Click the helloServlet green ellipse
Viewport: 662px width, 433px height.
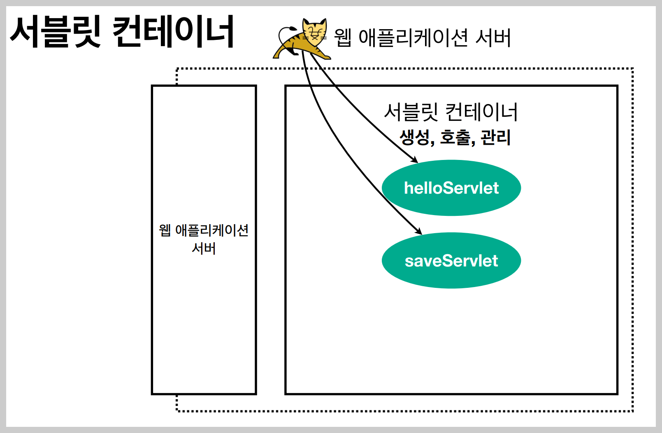tap(451, 188)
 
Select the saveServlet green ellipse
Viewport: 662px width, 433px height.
tap(451, 261)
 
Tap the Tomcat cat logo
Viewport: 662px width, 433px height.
tap(302, 39)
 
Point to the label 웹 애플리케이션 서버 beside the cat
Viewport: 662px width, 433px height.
tap(422, 38)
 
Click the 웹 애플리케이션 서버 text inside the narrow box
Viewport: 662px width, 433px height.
tap(204, 239)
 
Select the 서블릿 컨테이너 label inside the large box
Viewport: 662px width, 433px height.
tap(451, 112)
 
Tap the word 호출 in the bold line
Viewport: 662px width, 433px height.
tap(455, 137)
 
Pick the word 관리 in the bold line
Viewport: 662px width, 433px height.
tap(495, 137)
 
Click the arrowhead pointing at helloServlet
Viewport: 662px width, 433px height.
tap(415, 160)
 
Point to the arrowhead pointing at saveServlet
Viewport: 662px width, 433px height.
tap(419, 232)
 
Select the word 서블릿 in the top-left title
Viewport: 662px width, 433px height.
tap(55, 32)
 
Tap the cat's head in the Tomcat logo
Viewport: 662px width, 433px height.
tap(315, 31)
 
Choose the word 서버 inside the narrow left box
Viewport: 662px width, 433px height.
tap(204, 248)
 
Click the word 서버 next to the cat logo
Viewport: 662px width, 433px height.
tap(493, 38)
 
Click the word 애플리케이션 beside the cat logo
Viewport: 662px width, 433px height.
tap(413, 38)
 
